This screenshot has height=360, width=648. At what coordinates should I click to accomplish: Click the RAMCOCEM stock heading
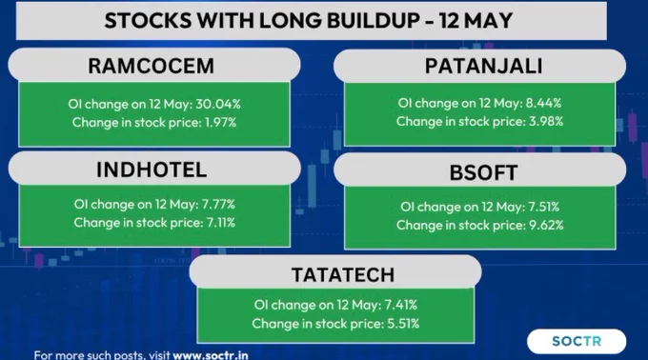151,66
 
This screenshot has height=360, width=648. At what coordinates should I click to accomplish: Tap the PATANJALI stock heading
483,66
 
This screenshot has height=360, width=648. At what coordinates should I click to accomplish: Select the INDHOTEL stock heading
152,170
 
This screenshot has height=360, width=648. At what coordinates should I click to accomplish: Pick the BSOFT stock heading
483,172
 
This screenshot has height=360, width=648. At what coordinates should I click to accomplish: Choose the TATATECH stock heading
343,275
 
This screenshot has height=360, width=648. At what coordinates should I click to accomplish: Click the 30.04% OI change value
218,104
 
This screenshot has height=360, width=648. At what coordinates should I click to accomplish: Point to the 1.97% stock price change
221,122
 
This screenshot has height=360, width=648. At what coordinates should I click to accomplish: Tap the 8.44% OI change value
543,103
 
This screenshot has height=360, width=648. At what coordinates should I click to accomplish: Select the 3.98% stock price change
546,121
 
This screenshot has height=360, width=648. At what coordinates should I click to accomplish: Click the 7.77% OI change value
218,204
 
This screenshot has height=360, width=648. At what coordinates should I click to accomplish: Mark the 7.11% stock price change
221,223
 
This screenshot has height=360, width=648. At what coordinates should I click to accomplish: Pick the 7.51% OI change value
544,207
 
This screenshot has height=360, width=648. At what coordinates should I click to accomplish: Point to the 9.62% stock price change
546,225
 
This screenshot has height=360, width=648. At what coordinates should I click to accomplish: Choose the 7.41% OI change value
400,305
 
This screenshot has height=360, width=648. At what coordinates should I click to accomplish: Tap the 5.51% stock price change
403,323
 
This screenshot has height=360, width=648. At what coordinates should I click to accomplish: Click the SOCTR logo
577,341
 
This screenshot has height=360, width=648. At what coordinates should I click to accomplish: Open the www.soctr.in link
211,355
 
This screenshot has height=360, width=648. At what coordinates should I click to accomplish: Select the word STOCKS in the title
148,21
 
